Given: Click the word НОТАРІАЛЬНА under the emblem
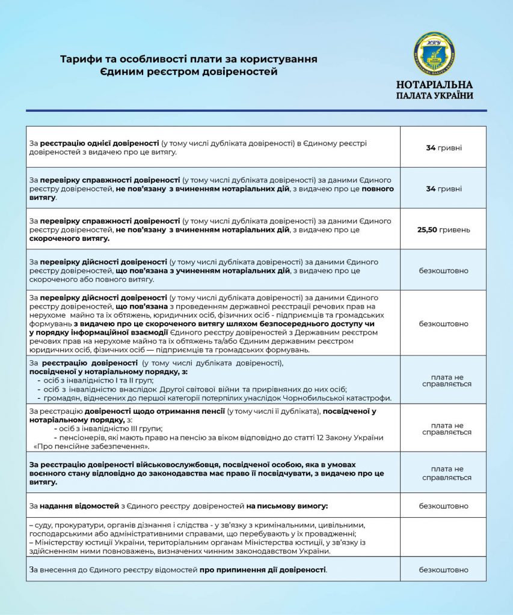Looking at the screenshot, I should (434, 85).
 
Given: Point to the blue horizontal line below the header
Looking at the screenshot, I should (256, 111).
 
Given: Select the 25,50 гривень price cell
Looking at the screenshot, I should (443, 229).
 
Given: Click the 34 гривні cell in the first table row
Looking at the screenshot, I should (443, 147).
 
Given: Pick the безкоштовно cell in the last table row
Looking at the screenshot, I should (443, 569).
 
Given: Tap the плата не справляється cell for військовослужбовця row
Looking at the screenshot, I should (443, 473).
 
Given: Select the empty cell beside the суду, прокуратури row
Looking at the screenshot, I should (443, 537).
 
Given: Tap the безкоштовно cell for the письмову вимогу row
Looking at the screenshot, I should (443, 506).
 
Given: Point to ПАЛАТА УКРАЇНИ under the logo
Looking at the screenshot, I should (434, 95).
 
